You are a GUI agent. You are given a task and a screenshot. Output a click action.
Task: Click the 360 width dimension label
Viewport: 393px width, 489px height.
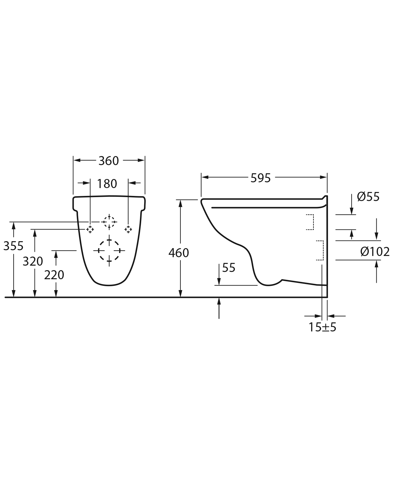109,161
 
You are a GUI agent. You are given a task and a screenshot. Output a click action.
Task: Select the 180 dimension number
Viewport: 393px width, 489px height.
107,184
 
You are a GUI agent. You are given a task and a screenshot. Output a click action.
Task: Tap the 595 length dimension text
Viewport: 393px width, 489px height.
261,178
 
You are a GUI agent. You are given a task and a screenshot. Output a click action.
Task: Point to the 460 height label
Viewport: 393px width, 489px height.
179,253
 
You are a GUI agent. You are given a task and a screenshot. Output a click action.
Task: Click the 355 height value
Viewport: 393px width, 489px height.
13,246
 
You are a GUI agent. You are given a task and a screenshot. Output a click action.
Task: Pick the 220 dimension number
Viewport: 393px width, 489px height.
54,275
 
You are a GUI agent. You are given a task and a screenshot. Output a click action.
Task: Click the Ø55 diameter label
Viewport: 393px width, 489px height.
368,197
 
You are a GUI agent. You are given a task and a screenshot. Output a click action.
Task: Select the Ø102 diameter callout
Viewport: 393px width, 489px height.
375,251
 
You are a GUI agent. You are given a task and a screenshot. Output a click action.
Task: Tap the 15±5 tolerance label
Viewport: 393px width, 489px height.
322,327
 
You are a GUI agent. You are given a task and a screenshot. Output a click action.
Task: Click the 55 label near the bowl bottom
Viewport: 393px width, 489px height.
229,268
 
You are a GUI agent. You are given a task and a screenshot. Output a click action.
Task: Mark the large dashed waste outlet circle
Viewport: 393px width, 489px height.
109,251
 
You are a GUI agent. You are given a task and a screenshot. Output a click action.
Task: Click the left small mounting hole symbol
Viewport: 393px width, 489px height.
90,229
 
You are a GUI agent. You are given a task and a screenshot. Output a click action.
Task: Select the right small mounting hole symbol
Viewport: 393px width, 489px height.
128,229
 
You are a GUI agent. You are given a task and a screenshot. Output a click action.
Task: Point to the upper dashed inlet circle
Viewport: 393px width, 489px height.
109,222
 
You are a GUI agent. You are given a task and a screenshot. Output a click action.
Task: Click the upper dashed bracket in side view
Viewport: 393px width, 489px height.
310,222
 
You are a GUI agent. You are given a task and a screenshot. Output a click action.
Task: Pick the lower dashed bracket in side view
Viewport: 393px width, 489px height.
320,250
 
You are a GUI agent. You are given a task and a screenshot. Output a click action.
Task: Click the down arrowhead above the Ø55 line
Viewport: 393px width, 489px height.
352,211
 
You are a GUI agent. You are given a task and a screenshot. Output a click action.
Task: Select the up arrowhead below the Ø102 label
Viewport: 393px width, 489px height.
376,264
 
